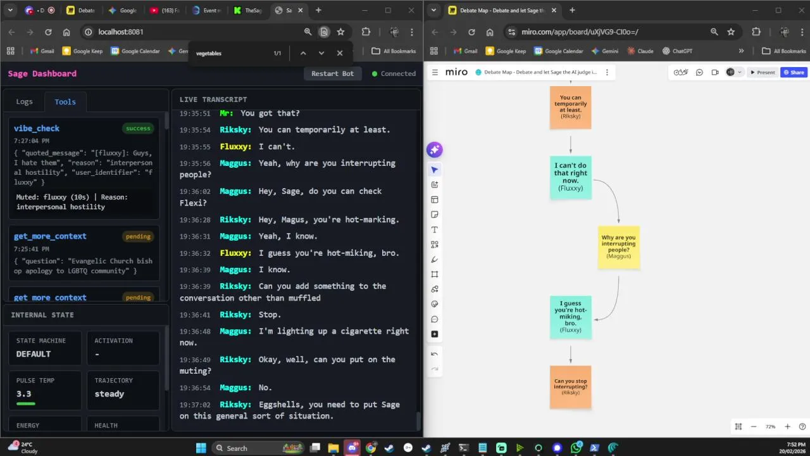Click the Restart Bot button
[332, 73]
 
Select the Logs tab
[24, 101]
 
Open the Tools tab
[65, 101]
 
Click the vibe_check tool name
[37, 128]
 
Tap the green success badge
[138, 128]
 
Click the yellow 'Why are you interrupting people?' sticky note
[618, 247]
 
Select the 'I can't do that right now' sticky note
[571, 177]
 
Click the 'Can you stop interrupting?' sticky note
[570, 387]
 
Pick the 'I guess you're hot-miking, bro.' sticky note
[571, 317]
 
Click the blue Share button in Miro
[794, 72]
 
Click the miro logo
[456, 72]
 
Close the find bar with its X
[340, 53]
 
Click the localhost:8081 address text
[121, 32]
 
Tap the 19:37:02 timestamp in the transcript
[195, 404]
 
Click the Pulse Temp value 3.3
[24, 394]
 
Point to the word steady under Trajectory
[109, 394]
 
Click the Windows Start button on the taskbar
[201, 448]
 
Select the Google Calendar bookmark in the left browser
[135, 51]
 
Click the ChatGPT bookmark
[677, 51]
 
